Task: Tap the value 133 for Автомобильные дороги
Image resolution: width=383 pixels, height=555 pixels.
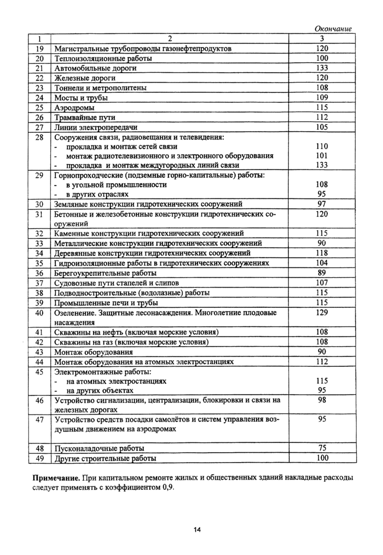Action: coord(322,68)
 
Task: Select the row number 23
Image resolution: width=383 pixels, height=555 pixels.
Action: coord(39,87)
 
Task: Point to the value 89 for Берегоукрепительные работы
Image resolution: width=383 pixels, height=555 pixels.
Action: coord(322,273)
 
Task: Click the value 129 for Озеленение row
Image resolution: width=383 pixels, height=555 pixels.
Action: coord(322,312)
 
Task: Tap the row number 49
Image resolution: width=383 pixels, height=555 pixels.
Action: coord(39,458)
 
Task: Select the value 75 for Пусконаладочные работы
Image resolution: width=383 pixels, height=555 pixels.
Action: coord(322,448)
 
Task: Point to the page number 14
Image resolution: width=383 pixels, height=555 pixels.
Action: coord(197,529)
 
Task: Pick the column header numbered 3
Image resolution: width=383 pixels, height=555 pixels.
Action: coord(322,39)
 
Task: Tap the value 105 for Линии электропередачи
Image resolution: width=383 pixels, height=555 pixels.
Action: coord(322,127)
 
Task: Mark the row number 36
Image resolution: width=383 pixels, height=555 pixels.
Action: coord(39,273)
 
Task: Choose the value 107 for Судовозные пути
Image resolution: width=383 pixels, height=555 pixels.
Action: coord(322,283)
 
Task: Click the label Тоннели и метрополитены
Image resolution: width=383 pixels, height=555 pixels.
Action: coord(101,87)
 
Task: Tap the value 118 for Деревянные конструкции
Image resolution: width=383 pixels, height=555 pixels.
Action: coord(322,253)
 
